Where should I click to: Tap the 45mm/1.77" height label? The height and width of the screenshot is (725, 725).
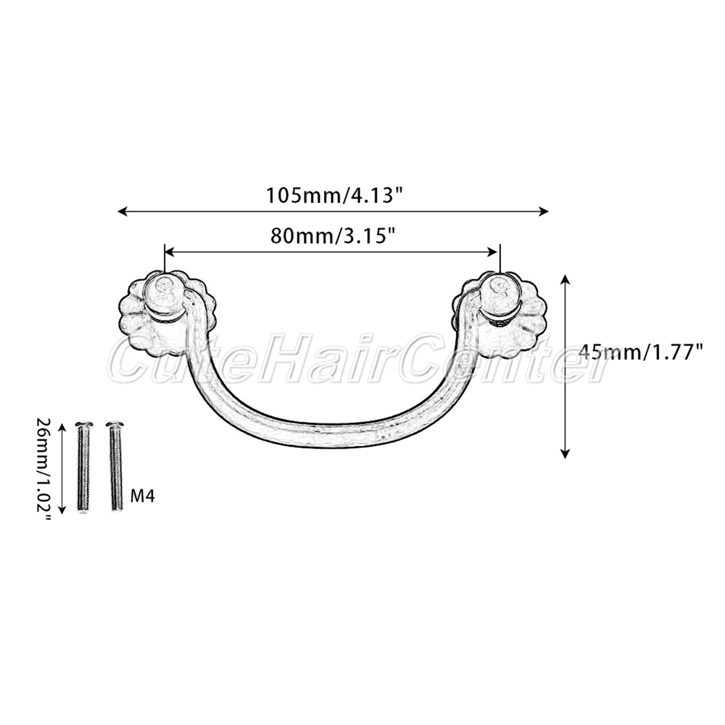tap(641, 352)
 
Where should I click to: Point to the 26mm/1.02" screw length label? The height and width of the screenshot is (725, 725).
tap(44, 468)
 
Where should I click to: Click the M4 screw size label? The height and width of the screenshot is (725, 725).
tap(143, 496)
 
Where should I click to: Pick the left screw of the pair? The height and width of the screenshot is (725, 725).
tap(83, 468)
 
